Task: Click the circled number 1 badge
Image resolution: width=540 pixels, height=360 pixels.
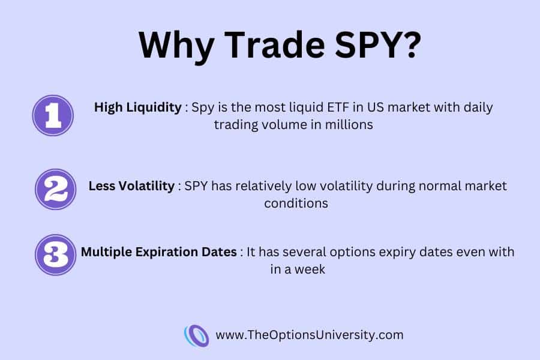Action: tap(53, 115)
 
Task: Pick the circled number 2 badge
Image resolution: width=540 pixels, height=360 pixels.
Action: tap(55, 189)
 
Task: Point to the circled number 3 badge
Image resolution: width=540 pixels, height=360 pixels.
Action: tap(55, 255)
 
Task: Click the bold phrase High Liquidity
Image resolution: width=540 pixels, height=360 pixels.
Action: tap(138, 108)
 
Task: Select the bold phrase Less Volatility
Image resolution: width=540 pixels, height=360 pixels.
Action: tap(131, 186)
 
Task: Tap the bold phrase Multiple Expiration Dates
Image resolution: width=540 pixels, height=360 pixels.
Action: tap(159, 252)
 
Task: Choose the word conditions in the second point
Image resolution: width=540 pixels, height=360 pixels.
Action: tap(296, 203)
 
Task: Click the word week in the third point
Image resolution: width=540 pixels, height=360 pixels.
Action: tap(310, 269)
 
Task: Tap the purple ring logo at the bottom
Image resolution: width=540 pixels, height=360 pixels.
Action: tap(196, 335)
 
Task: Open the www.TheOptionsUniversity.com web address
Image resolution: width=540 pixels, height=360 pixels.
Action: tap(309, 335)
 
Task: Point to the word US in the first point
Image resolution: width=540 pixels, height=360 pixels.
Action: tap(376, 107)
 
